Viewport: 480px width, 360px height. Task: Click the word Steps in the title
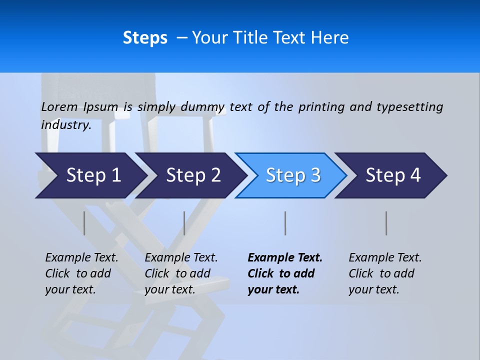(145, 38)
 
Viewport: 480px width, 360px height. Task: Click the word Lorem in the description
(59, 106)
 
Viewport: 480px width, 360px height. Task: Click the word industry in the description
(65, 124)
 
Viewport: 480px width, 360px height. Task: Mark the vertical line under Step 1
(84, 223)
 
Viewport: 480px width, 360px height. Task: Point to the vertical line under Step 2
(184, 223)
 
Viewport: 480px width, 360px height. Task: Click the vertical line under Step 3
(285, 223)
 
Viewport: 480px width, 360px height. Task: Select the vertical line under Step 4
(386, 223)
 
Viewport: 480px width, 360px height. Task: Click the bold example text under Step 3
(284, 273)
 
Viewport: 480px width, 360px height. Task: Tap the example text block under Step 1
(81, 273)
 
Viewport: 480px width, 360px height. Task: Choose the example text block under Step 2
(181, 273)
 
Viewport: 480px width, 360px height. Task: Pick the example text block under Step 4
(385, 273)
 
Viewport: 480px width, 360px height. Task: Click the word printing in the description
(322, 106)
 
